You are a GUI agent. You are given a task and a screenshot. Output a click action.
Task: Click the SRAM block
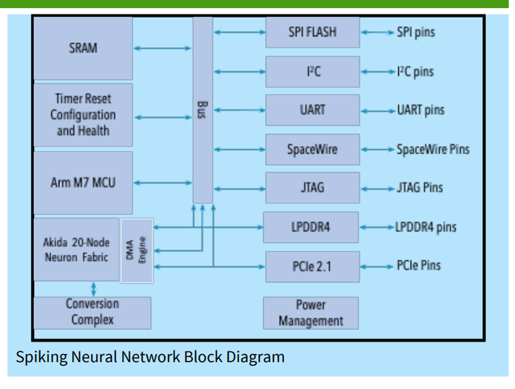tap(83, 48)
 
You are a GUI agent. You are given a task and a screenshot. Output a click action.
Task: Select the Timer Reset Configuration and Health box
tap(83, 115)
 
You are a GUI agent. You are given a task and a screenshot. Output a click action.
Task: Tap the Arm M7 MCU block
tap(83, 182)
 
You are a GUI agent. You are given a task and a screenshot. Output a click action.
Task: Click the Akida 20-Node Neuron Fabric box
tap(76, 249)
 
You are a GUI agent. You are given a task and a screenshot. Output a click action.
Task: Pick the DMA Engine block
tap(137, 250)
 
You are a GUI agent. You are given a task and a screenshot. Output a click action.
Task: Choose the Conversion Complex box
tap(92, 312)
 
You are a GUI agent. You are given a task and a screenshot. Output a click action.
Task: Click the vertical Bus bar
tap(202, 110)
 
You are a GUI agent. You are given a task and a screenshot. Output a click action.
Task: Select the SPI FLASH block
tap(312, 32)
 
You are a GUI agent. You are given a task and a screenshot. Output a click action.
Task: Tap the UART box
tap(312, 110)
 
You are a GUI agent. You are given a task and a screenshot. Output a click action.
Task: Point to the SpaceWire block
tap(312, 149)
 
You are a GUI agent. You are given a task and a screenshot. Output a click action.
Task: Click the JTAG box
tap(312, 188)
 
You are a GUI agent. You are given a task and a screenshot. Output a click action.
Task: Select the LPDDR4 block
tap(311, 227)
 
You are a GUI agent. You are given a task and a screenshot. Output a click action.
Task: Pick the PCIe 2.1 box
tap(312, 267)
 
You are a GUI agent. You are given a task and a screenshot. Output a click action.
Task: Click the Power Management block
tap(311, 313)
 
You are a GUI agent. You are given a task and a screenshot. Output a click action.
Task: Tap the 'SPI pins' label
tap(415, 32)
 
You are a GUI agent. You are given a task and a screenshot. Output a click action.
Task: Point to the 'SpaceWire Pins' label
tap(433, 149)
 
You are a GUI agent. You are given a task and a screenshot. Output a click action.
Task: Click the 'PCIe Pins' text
tap(419, 266)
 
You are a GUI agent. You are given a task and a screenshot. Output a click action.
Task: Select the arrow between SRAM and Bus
tap(162, 49)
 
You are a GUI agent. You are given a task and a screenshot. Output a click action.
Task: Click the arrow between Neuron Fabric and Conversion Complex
tap(94, 289)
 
